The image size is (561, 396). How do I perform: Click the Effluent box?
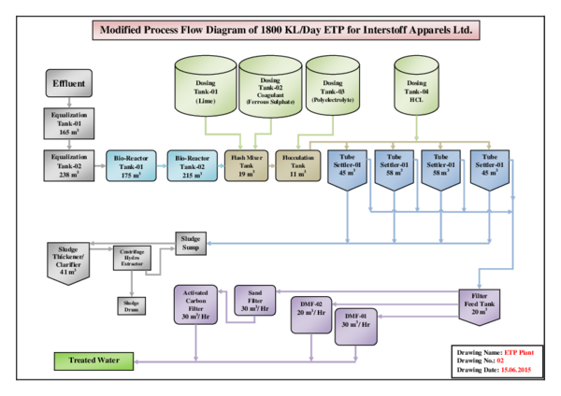point(68,86)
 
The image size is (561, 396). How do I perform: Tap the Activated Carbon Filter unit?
point(196,306)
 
